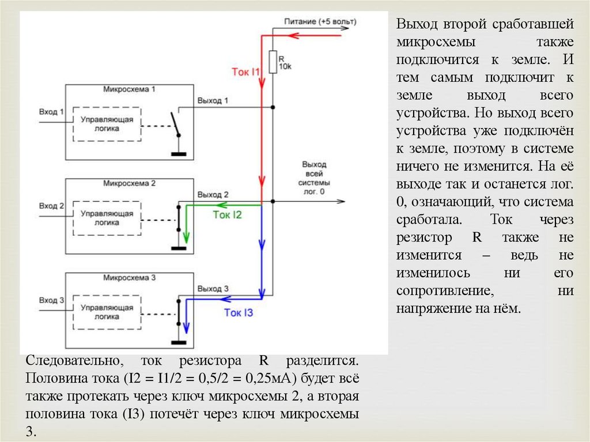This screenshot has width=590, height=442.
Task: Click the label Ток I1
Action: [246, 71]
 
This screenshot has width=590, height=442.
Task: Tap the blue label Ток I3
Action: [238, 313]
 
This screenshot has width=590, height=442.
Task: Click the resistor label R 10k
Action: [285, 63]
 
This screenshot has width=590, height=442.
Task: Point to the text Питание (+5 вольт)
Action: [320, 22]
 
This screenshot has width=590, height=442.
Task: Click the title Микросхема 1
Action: [130, 90]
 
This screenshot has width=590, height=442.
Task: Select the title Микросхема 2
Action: [130, 184]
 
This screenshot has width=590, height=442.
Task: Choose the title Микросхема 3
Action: [130, 278]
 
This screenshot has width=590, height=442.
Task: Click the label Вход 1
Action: [51, 111]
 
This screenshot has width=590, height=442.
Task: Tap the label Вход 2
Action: [51, 205]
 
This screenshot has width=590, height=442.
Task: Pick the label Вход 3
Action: [51, 300]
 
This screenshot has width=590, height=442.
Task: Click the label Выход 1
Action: [213, 101]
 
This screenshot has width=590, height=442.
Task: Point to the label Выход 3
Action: [213, 288]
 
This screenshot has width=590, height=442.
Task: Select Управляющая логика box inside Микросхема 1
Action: [107, 124]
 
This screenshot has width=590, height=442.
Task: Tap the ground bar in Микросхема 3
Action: [179, 343]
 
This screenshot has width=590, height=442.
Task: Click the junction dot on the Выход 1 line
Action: [273, 107]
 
